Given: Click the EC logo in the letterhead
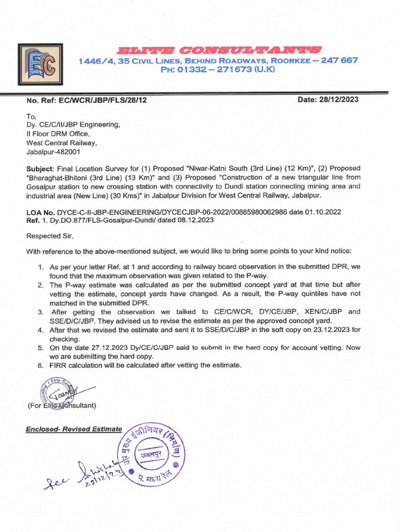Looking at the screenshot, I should (41, 64).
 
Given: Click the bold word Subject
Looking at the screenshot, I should (39, 169).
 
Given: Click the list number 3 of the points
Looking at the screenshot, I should (40, 312).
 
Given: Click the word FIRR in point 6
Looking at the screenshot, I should (59, 366).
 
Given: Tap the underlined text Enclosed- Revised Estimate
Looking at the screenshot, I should (74, 429).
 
